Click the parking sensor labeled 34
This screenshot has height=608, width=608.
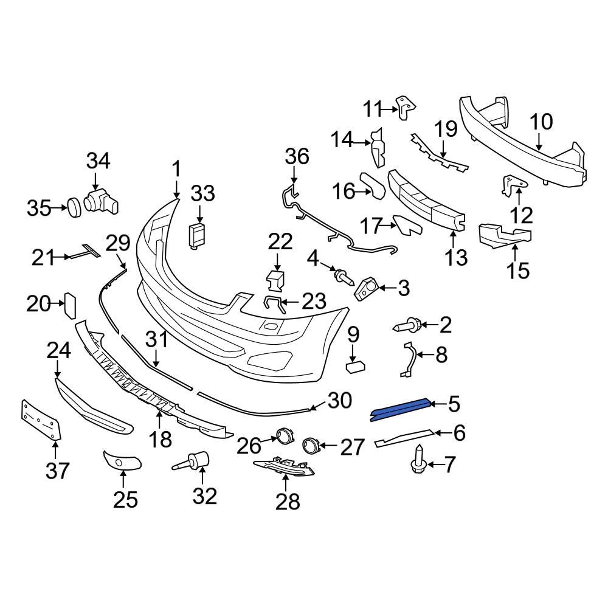pos(100,201)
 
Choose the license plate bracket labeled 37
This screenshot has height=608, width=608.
pos(41,420)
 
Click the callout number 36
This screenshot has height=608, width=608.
pos(297,157)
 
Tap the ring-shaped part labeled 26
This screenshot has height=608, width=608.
pos(284,436)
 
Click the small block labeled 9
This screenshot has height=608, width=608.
pos(354,366)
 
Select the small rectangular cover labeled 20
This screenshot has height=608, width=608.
pos(69,305)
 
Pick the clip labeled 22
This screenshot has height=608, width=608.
pos(275,280)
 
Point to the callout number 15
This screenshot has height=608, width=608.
pos(519,270)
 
